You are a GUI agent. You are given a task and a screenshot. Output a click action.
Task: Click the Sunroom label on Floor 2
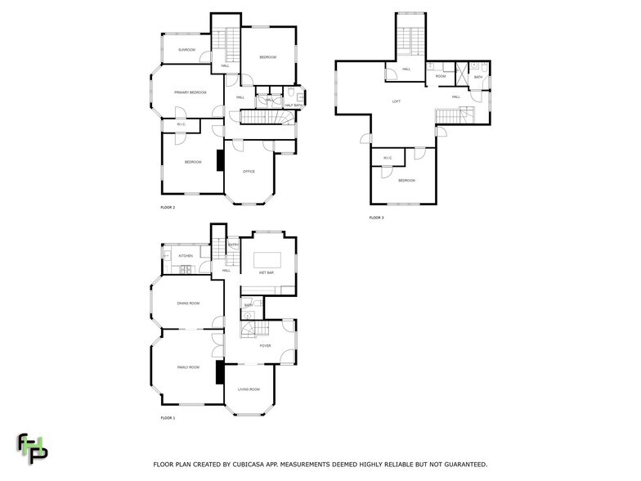pos(187,50)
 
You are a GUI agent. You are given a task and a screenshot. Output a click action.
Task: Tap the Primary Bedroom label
pos(190,92)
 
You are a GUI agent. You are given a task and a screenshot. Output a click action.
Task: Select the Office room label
pos(249,171)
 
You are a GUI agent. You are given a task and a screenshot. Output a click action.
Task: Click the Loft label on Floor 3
pos(397,101)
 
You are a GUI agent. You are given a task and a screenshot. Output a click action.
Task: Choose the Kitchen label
pos(186,256)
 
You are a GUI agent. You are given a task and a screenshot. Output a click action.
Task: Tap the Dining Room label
pos(188,303)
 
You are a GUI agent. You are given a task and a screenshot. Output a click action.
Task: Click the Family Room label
pos(188,367)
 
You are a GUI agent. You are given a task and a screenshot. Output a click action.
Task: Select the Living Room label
pos(249,389)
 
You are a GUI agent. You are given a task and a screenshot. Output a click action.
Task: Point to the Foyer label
pos(265,346)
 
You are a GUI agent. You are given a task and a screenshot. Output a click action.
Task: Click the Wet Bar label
pos(266,272)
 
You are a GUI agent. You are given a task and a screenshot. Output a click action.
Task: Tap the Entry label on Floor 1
pos(233,245)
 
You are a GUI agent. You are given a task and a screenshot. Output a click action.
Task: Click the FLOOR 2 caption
pos(168,208)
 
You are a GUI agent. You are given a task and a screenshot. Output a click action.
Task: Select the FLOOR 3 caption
pos(376,218)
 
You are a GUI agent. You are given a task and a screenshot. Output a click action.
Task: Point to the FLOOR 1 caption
pos(168,418)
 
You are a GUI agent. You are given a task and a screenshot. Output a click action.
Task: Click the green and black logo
pos(33,447)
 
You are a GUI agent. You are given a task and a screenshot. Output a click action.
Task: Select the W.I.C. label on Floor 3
pos(388,159)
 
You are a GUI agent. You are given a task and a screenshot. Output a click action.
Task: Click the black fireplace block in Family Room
pos(219,373)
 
